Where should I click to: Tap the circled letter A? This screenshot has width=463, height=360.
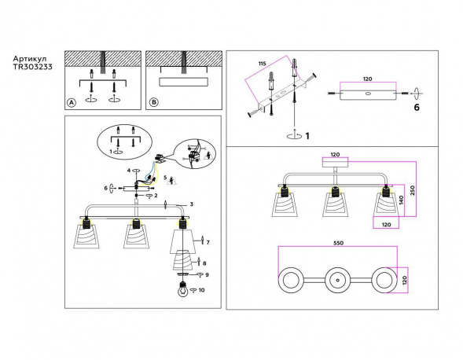(x=72, y=102)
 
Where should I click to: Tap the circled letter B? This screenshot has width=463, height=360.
(x=154, y=102)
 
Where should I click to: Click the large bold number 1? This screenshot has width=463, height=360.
(x=307, y=136)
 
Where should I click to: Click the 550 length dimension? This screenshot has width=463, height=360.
(x=338, y=244)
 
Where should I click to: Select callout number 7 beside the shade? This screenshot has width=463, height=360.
(x=208, y=241)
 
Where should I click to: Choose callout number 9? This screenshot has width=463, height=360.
(x=207, y=274)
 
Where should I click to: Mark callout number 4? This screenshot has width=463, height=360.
(x=128, y=171)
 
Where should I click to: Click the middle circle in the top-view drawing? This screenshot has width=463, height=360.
(x=338, y=280)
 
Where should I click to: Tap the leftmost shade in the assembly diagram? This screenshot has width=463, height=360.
(x=90, y=236)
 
